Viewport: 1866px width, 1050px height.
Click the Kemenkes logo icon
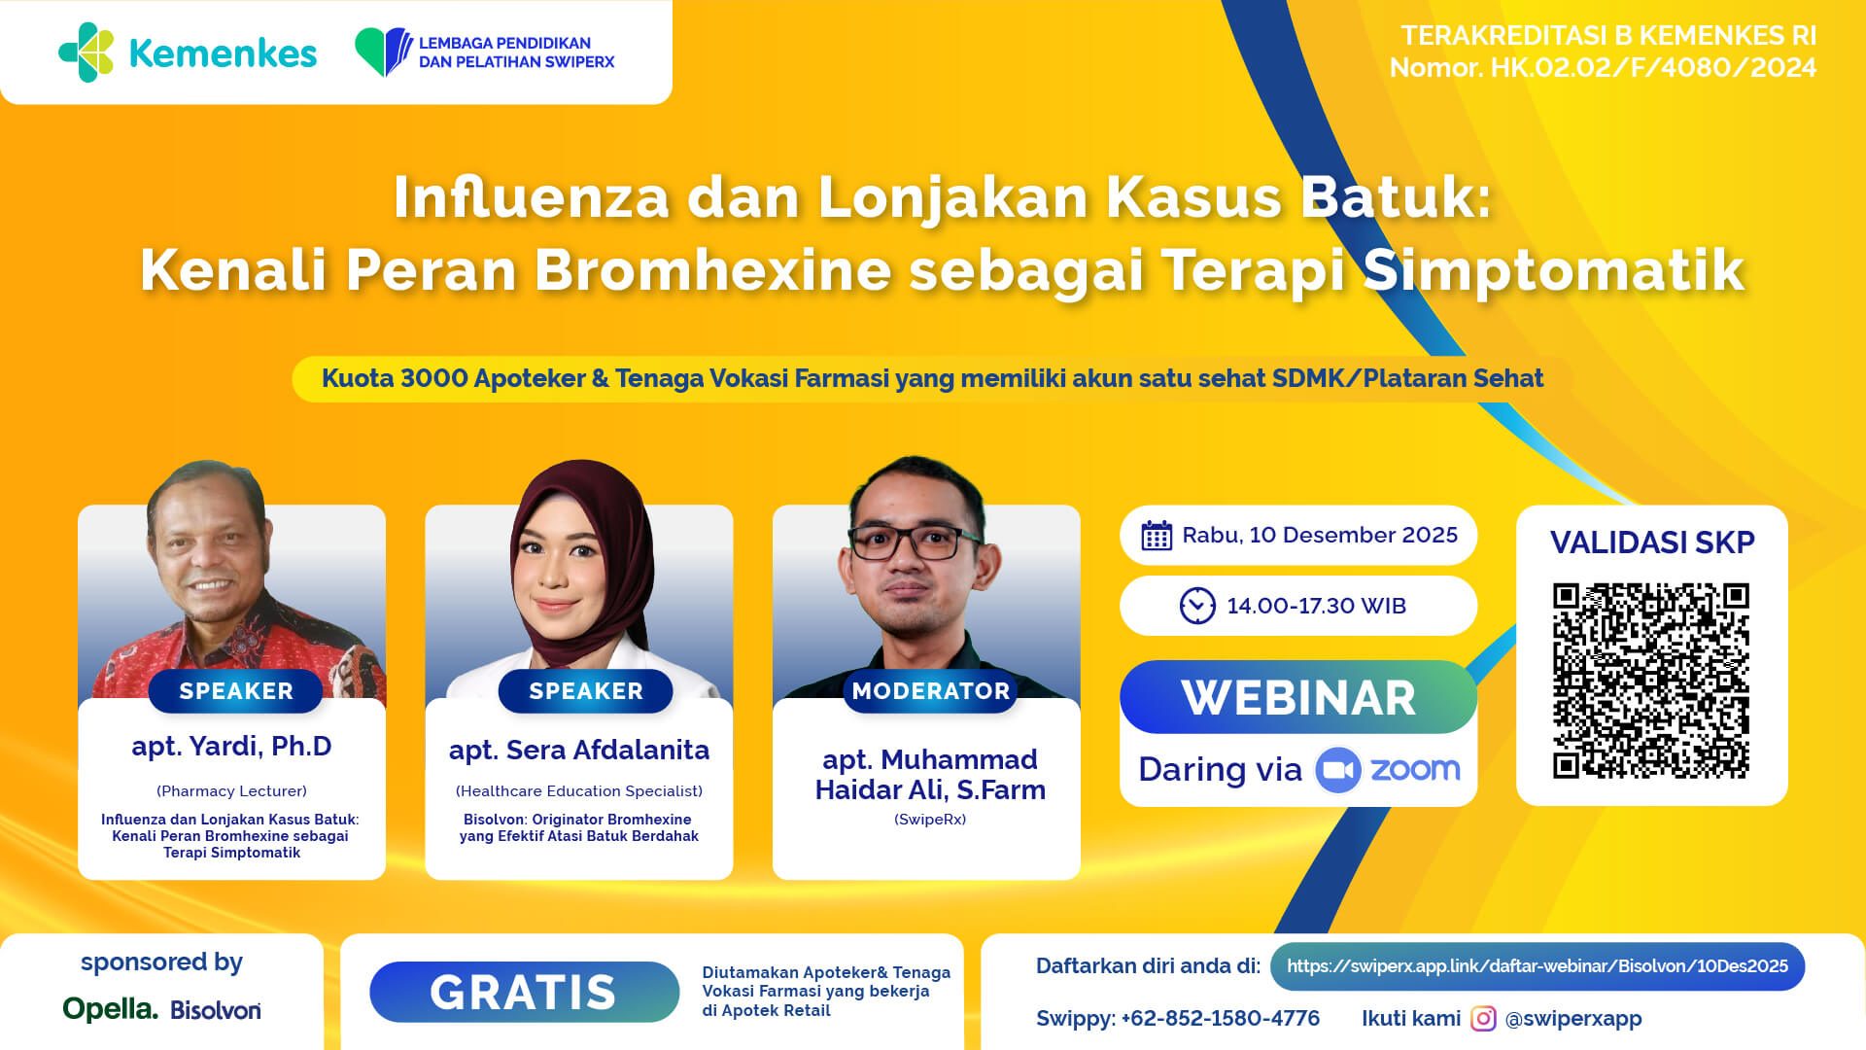coord(86,52)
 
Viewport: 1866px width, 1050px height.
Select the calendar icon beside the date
coord(1157,536)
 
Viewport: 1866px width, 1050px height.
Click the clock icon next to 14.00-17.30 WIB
coord(1197,606)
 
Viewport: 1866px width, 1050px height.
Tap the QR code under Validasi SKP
coord(1651,681)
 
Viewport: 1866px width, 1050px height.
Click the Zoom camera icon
coord(1338,770)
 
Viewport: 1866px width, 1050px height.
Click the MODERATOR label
coord(931,691)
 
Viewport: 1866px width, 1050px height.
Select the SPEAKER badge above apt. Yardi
coord(236,691)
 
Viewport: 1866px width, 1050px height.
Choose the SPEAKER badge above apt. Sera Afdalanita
coord(585,691)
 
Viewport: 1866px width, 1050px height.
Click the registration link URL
coord(1538,966)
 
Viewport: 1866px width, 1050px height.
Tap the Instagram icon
coord(1483,1019)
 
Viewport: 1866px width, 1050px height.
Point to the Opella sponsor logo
coord(110,1009)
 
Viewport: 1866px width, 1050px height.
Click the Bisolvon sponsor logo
coord(216,1010)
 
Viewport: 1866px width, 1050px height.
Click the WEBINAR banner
coord(1298,697)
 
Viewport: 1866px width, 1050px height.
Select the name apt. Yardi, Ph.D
coord(232,747)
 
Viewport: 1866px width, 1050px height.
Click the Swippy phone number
coord(1221,1019)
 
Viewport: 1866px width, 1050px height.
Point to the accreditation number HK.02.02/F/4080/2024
coord(1653,68)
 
